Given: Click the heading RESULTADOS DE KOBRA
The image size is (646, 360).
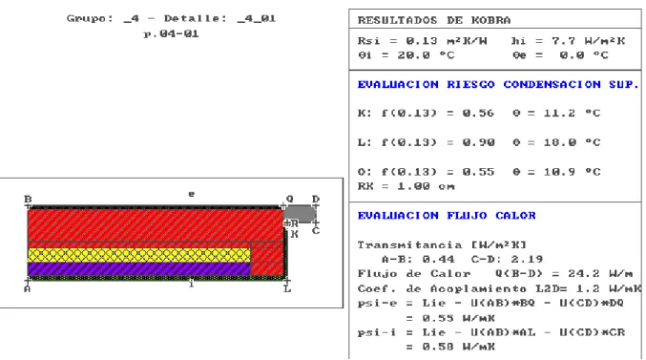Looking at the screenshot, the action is (434, 20).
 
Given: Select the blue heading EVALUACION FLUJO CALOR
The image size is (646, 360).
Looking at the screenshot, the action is (447, 215).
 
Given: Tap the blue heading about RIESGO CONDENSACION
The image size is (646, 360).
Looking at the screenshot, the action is (498, 84).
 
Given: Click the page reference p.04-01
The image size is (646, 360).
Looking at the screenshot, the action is (171, 33).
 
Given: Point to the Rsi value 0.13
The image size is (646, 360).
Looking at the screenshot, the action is (422, 41).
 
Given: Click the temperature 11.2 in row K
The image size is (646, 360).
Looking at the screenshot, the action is (559, 113).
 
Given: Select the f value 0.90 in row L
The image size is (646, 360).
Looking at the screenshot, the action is (478, 142).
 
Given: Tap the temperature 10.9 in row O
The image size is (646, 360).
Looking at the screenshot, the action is (559, 172).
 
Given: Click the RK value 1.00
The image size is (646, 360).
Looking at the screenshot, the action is (413, 186).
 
